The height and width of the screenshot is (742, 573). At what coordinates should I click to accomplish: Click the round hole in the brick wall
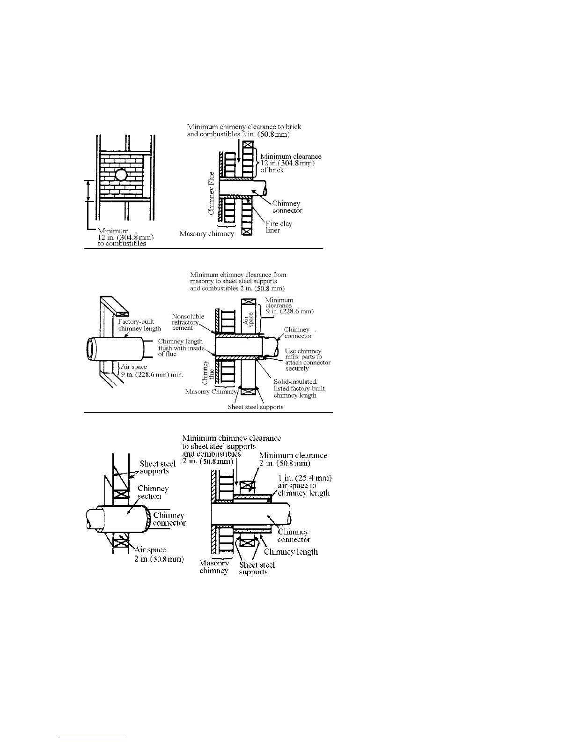[121, 175]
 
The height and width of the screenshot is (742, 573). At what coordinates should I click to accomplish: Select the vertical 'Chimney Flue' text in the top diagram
[212, 193]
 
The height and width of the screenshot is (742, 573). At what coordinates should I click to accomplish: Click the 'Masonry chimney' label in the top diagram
[206, 234]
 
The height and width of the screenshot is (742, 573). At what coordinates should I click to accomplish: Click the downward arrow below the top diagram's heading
[239, 150]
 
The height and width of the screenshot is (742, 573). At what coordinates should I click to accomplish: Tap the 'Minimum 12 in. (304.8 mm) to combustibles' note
[125, 237]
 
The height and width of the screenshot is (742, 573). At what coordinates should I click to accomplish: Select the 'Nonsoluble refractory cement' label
[188, 322]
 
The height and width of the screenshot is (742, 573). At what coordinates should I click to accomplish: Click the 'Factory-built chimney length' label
[140, 325]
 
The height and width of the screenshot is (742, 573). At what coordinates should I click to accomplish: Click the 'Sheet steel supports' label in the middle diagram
[255, 407]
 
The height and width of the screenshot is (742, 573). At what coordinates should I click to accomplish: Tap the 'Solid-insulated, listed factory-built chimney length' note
[299, 388]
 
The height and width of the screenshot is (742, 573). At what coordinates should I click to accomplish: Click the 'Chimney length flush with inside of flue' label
[180, 348]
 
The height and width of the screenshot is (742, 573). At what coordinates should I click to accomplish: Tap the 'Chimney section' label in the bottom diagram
[153, 492]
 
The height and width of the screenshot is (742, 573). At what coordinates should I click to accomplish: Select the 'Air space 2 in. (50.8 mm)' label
[158, 555]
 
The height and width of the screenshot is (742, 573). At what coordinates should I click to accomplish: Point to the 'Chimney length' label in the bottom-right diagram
[290, 552]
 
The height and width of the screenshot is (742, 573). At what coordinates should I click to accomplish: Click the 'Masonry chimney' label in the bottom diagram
[214, 567]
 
